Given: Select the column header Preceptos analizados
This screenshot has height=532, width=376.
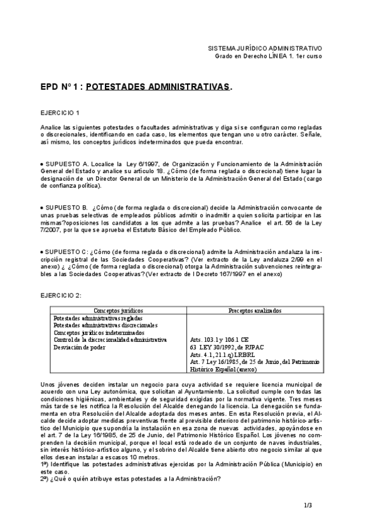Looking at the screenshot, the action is [255, 310].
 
